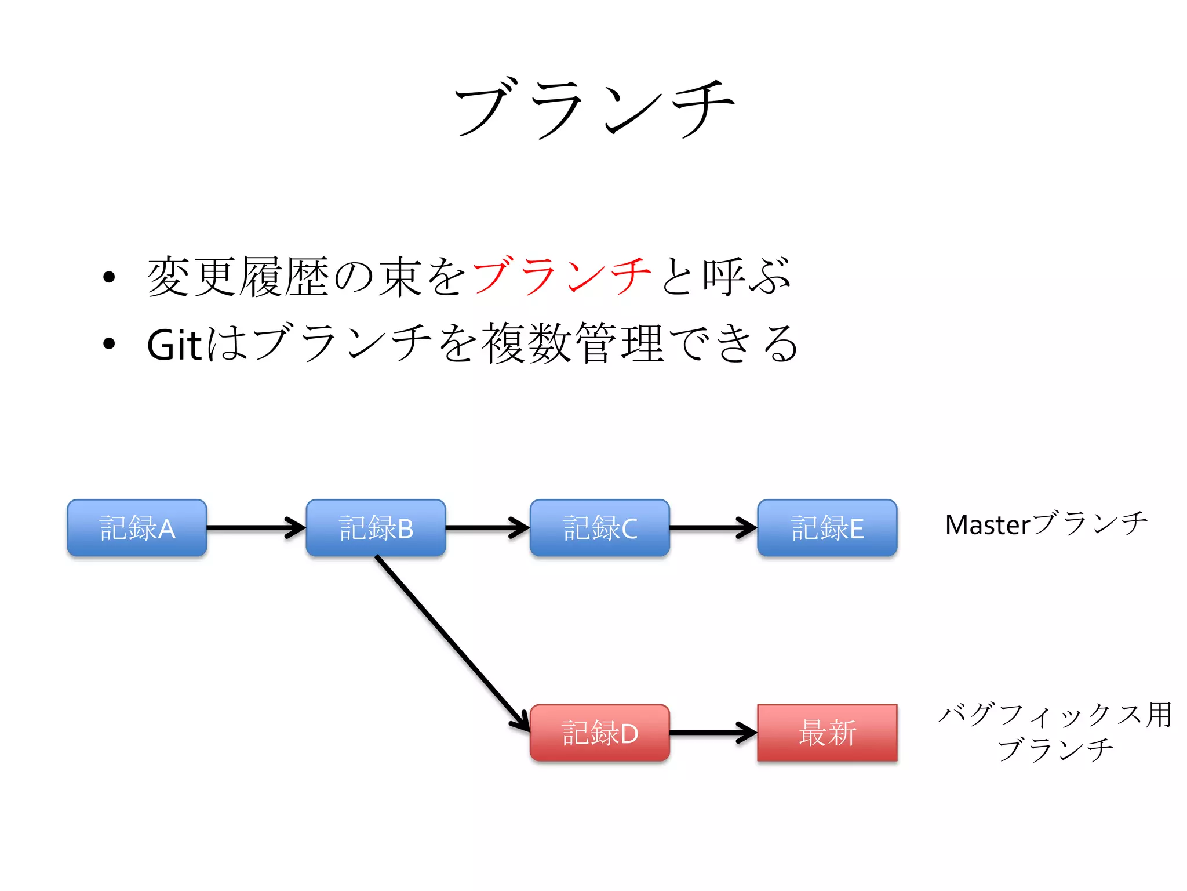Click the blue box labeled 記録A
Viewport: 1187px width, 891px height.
click(137, 528)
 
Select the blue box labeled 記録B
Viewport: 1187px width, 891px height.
click(376, 528)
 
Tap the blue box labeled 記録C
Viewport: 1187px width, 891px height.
click(600, 528)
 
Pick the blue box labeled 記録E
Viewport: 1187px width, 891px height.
click(827, 528)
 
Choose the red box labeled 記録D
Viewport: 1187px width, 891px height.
click(600, 733)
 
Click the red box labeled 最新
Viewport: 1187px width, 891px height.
click(827, 733)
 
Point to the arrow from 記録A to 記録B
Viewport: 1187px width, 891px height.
click(255, 528)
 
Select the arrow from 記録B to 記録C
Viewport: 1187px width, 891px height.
click(487, 528)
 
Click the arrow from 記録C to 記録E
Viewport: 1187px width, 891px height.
click(713, 528)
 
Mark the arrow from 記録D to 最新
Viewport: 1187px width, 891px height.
click(713, 733)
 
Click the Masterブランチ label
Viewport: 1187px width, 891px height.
click(1046, 524)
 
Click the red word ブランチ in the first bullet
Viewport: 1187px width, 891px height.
click(561, 276)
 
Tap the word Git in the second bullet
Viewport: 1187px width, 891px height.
click(174, 345)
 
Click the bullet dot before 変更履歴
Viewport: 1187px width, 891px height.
click(109, 277)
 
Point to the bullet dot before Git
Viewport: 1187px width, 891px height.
click(109, 344)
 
